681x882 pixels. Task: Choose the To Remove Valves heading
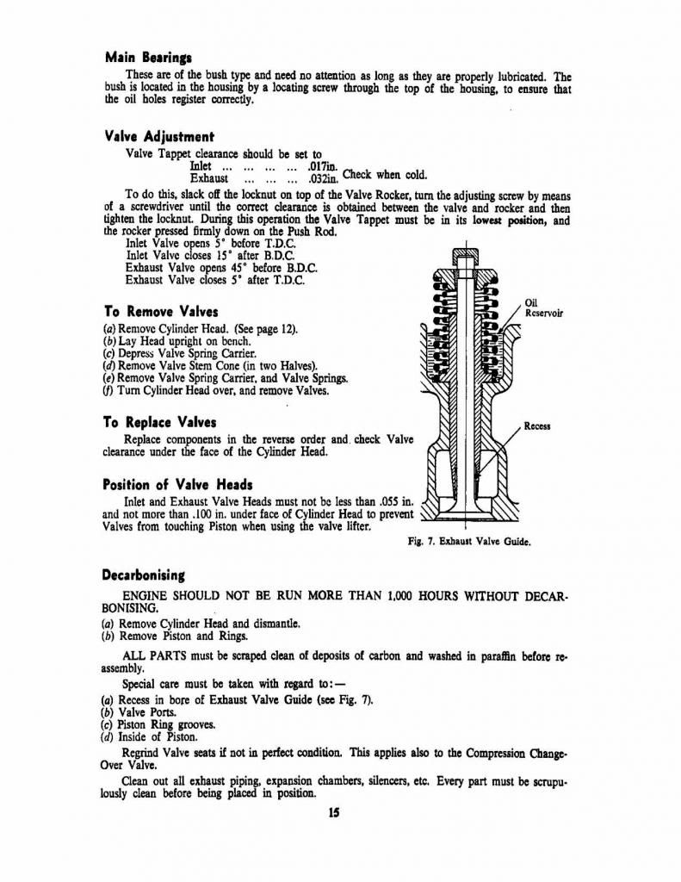160,311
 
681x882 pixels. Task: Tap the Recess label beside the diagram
537,426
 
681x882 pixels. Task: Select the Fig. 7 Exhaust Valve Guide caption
469,543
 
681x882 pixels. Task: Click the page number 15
334,812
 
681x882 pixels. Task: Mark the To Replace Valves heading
159,422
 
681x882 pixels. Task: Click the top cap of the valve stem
465,256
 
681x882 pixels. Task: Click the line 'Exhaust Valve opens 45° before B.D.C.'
213,267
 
